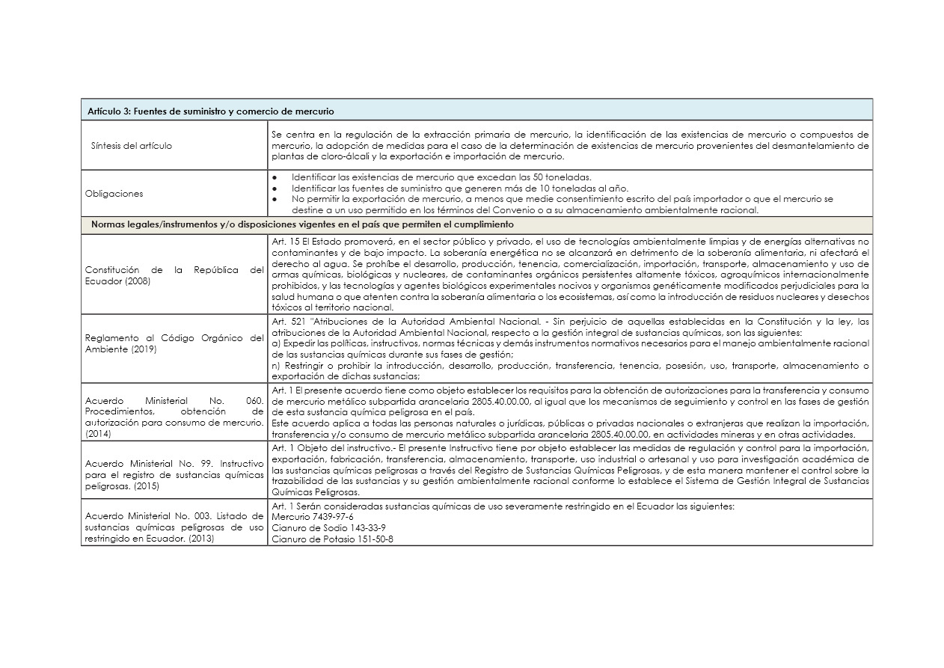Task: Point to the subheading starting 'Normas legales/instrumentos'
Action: point(301,224)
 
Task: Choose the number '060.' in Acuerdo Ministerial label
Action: point(254,401)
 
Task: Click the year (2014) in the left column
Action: point(97,433)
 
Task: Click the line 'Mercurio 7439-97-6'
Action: point(313,517)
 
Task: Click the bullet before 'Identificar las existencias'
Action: point(275,177)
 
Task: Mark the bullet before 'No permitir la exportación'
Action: point(275,199)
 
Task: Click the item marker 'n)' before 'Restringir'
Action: point(275,366)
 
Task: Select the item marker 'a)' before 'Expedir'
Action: point(275,343)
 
